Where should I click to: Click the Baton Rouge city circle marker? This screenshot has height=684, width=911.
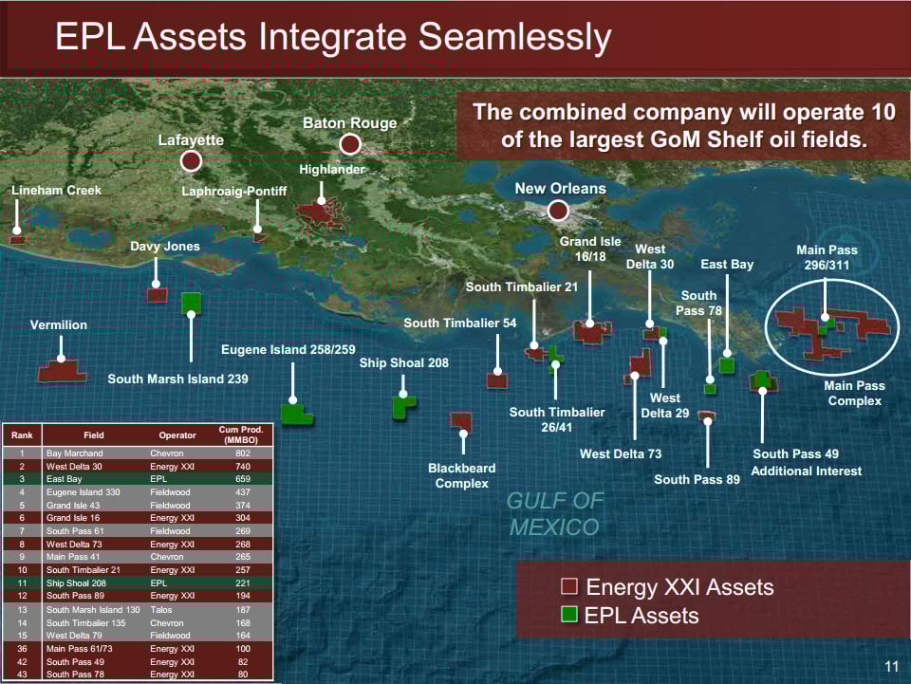coord(350,143)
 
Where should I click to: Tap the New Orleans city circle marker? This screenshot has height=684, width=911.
coord(558,211)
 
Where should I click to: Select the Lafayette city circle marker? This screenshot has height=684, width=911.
coord(191,161)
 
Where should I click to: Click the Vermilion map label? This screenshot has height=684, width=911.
coord(59,325)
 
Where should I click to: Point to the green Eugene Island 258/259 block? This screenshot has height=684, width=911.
coord(296,414)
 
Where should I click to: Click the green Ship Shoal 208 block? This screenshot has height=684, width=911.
coord(402,406)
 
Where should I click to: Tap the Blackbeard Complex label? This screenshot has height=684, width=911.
coord(462,475)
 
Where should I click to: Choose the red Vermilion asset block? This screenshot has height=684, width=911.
coord(62,370)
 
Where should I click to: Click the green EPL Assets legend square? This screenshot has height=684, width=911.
coord(569,615)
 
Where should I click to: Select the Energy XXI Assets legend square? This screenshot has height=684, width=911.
coord(569,586)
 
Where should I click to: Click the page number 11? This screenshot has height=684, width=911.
coord(892,666)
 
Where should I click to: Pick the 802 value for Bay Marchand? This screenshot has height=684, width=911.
coord(243,453)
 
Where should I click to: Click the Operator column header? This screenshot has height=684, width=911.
coord(177,434)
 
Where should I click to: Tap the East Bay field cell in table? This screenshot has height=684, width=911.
coord(64,479)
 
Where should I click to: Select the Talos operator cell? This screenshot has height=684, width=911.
coord(161,610)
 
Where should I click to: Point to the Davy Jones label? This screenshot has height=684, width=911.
coord(165,247)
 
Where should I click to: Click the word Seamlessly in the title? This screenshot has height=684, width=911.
coord(514,37)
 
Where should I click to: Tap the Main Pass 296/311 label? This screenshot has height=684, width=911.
coord(827,257)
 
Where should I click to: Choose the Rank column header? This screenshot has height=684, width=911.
coord(22,434)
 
